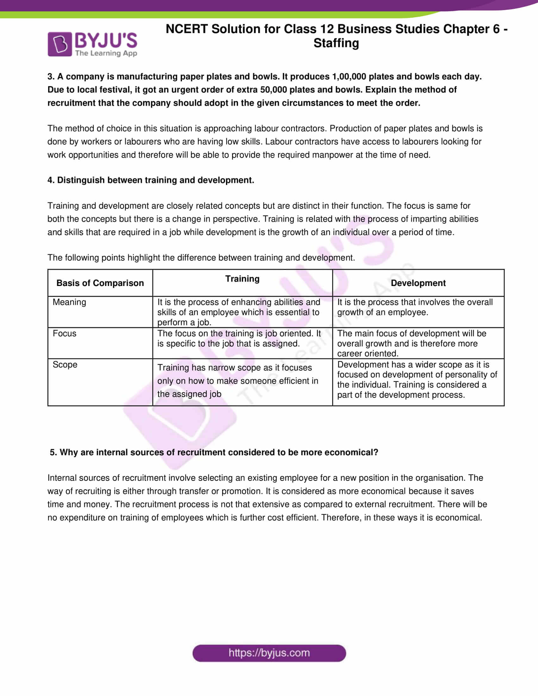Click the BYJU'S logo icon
point(59,44)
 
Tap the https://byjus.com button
point(269,653)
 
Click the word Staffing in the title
point(336,43)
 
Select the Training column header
point(242,279)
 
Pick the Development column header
point(418,283)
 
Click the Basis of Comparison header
point(100,283)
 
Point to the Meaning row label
point(70,302)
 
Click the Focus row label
point(65,333)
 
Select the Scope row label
point(65,364)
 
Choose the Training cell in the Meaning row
point(239,312)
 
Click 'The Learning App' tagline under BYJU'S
point(106,53)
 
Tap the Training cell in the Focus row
point(239,339)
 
